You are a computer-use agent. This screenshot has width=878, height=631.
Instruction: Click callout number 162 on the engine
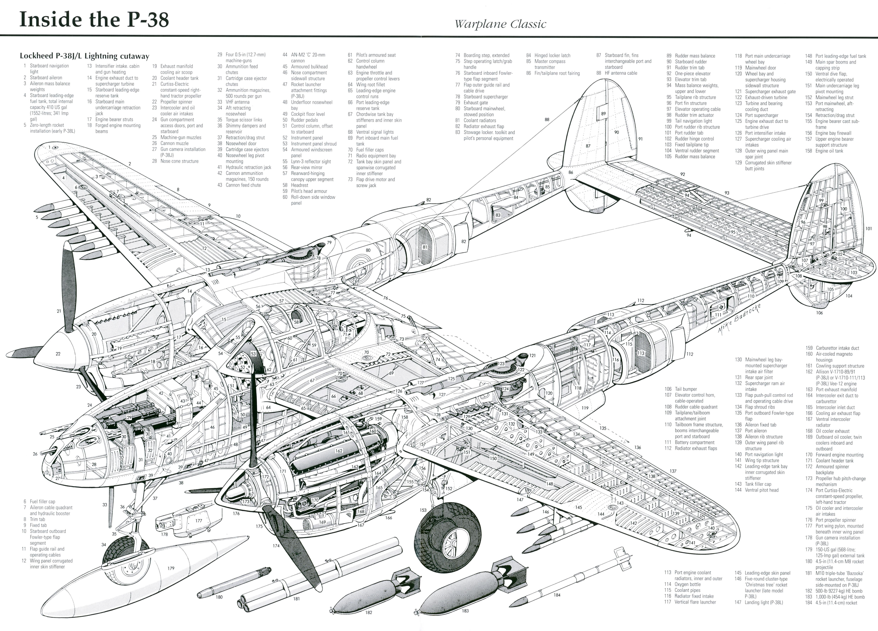(x=339, y=451)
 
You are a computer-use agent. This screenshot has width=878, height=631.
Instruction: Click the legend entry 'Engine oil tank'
(x=829, y=151)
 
